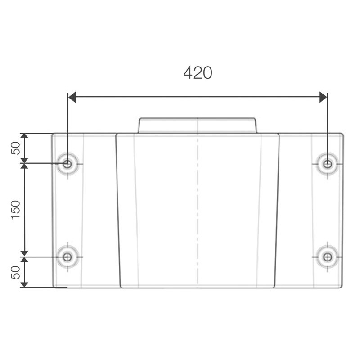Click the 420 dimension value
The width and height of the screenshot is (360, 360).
point(198,73)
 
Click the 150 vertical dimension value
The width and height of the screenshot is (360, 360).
point(16,210)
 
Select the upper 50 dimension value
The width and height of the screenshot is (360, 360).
point(16,148)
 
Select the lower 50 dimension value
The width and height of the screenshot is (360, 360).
point(16,272)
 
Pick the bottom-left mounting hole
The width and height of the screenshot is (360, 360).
point(67,257)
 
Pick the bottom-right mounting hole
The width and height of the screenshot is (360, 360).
point(328,257)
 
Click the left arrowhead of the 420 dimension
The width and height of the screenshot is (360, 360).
point(72,97)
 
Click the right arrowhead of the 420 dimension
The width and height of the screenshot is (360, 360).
point(323,97)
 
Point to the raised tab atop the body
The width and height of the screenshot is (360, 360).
point(198,126)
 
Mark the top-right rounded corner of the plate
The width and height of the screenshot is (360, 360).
point(342,135)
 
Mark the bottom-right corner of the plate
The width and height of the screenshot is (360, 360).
point(341,286)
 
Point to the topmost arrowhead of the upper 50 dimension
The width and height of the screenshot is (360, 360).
point(24,136)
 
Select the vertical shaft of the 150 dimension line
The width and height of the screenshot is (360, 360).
point(24,210)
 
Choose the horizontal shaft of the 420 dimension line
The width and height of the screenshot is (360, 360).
point(198,97)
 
